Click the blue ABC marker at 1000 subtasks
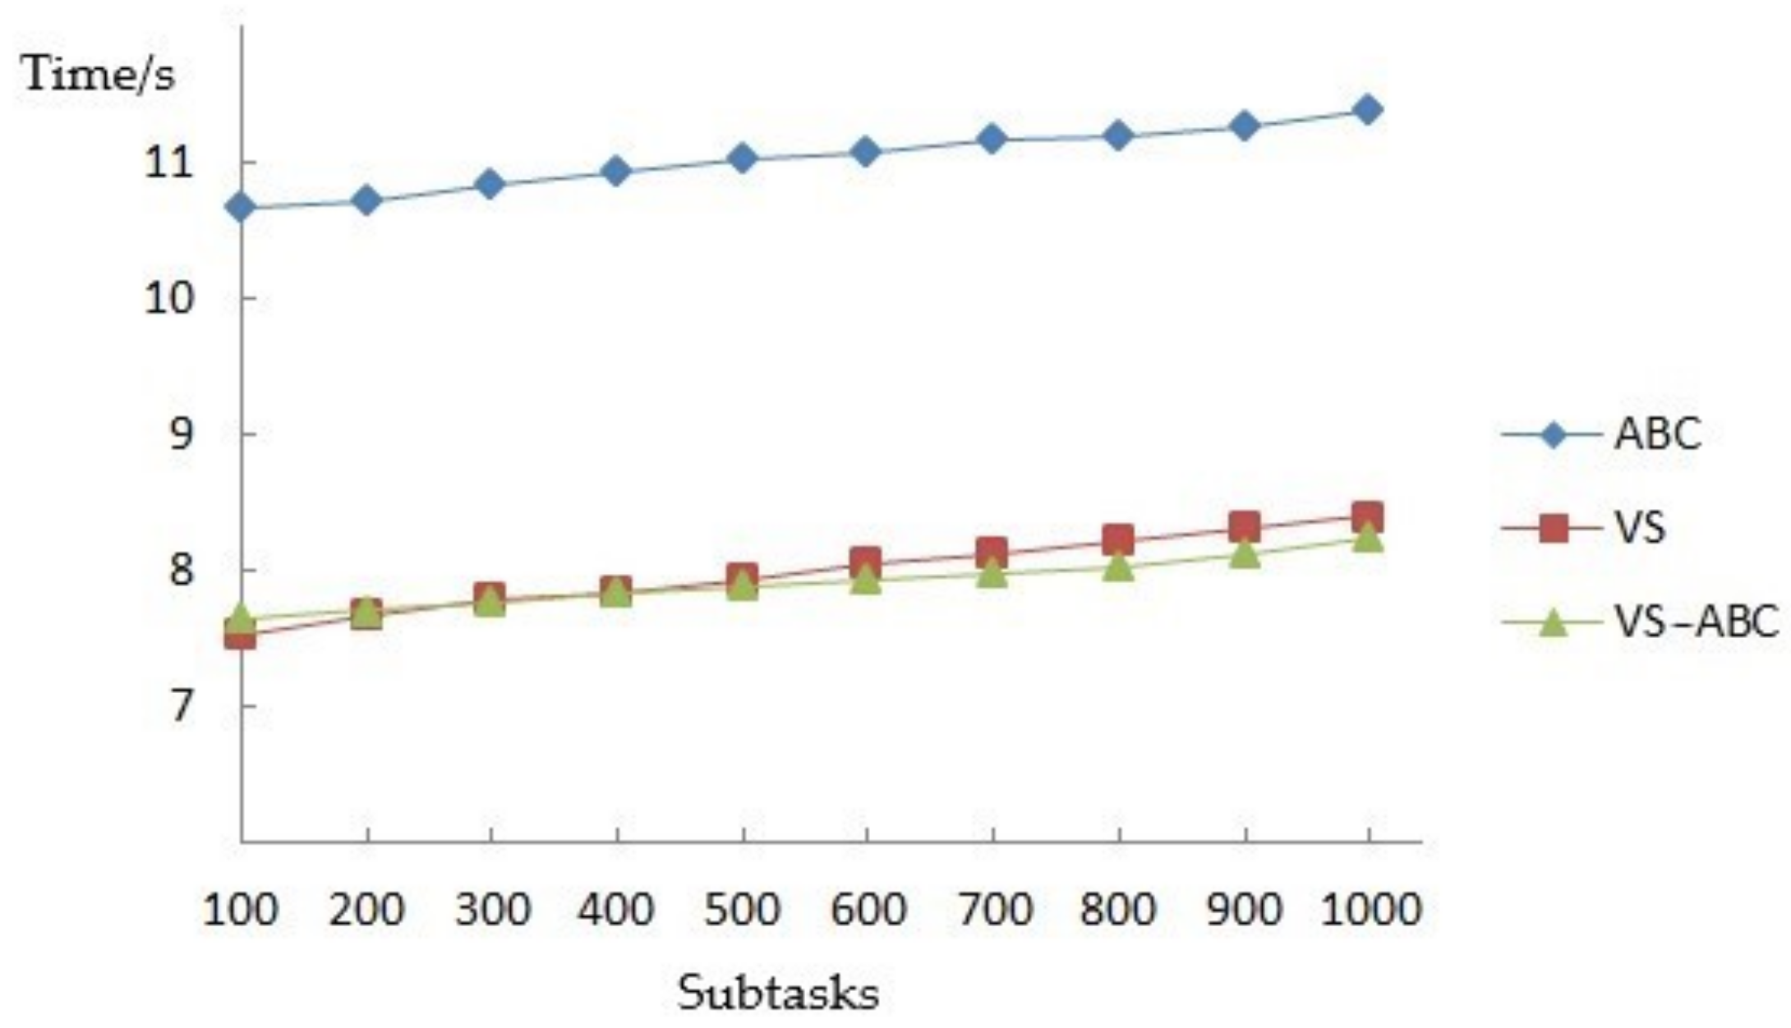pyautogui.click(x=1367, y=109)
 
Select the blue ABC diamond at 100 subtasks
pyautogui.click(x=241, y=208)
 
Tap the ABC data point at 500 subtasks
pyautogui.click(x=742, y=158)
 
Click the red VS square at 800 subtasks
pyautogui.click(x=1117, y=539)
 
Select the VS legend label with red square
pyautogui.click(x=1639, y=527)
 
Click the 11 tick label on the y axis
pyautogui.click(x=168, y=163)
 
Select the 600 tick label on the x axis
pyautogui.click(x=868, y=910)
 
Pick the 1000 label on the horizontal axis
pyautogui.click(x=1370, y=910)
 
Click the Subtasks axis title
pyautogui.click(x=777, y=993)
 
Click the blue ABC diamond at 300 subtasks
pyautogui.click(x=490, y=184)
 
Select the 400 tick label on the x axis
pyautogui.click(x=616, y=910)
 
